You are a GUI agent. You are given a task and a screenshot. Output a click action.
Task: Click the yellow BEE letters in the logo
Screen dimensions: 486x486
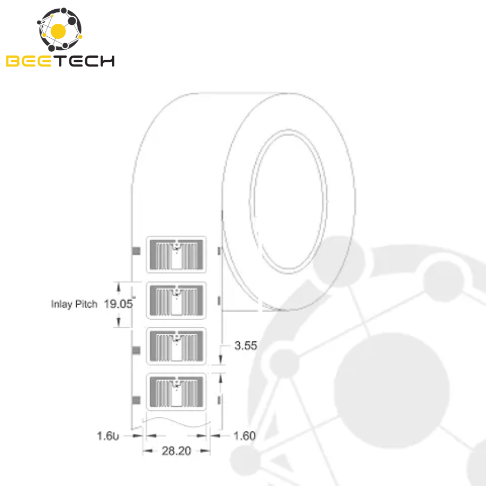[x=28, y=60]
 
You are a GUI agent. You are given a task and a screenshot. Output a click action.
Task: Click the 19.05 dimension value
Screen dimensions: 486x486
[x=118, y=304]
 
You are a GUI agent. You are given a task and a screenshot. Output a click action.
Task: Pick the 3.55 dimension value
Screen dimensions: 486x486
[x=246, y=346]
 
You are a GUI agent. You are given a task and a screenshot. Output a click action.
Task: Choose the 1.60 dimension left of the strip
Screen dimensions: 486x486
[x=107, y=435]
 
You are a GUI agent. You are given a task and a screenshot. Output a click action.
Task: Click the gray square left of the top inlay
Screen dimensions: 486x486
[x=137, y=251]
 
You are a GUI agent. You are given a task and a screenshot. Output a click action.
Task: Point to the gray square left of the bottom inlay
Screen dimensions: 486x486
[x=137, y=400]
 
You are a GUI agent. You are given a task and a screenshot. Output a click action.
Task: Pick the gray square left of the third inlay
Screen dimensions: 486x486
[x=137, y=350]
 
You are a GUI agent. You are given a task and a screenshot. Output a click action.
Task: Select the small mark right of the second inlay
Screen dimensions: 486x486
[x=218, y=300]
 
